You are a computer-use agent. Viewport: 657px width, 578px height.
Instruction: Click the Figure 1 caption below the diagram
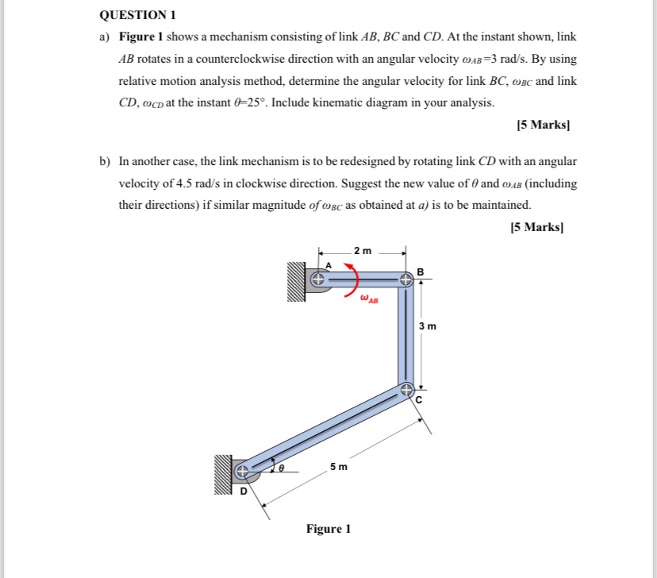click(328, 529)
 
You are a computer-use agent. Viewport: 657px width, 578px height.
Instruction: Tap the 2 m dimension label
click(362, 251)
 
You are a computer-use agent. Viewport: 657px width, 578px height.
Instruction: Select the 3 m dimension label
click(428, 326)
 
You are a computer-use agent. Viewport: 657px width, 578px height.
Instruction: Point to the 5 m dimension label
click(339, 467)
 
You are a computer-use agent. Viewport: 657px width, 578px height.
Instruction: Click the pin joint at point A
click(317, 279)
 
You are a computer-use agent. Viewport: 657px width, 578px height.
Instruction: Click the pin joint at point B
click(405, 279)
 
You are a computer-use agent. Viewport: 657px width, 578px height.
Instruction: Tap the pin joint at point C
click(405, 390)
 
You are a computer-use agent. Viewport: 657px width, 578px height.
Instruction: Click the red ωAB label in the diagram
click(369, 300)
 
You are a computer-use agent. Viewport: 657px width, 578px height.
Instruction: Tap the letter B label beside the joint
click(421, 272)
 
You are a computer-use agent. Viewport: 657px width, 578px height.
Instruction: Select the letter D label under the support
click(244, 492)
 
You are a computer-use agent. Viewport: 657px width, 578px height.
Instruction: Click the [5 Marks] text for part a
click(544, 125)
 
